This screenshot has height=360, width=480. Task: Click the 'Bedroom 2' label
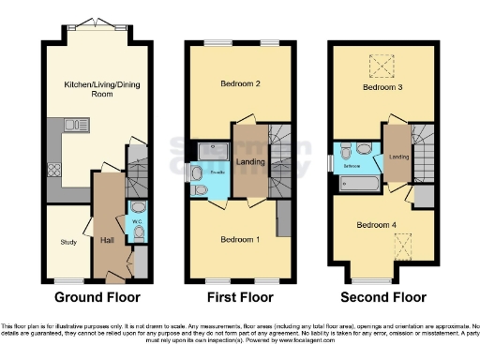pyautogui.click(x=239, y=83)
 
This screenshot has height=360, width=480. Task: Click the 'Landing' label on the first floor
pyautogui.click(x=250, y=162)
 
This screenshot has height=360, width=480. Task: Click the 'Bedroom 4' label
pyautogui.click(x=375, y=225)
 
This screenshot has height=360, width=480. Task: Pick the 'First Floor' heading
pyautogui.click(x=239, y=298)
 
